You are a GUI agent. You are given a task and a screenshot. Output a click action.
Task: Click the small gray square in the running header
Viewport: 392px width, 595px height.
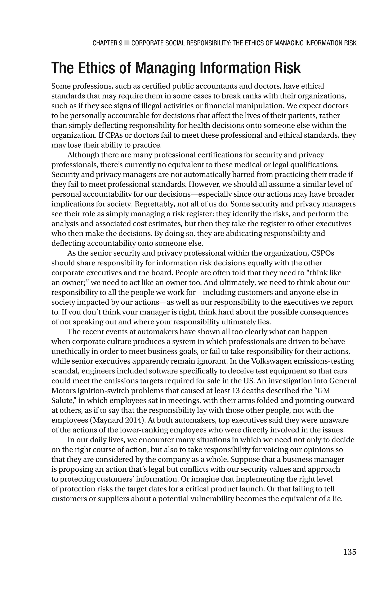(127, 43)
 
